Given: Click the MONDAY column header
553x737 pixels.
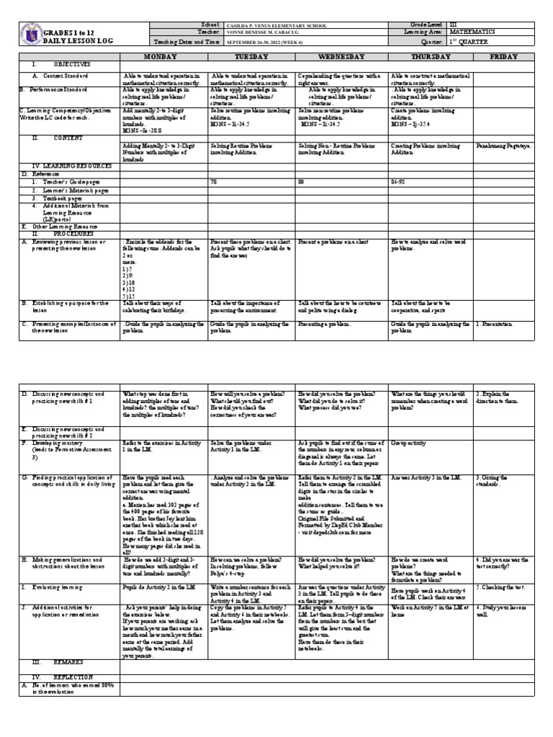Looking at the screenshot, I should [164, 55].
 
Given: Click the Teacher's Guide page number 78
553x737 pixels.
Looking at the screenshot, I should [214, 183].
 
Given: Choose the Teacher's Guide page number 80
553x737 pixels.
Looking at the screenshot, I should [301, 183].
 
